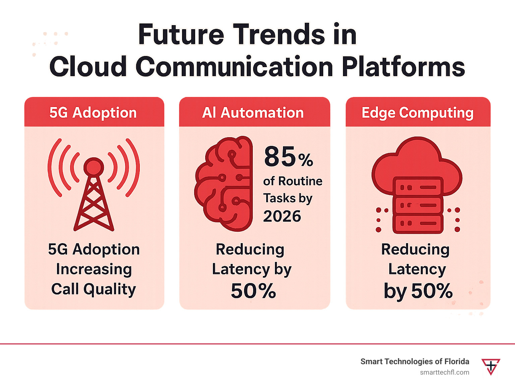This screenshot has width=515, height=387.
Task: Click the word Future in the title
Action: point(181,35)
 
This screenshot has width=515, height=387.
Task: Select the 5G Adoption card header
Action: point(93,113)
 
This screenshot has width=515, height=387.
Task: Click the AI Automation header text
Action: point(253,113)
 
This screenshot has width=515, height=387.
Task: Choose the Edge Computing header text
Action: point(417,113)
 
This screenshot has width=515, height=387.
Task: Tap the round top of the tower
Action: point(94,166)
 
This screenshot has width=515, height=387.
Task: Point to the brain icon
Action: point(224,184)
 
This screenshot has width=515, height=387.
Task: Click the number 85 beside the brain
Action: point(280,157)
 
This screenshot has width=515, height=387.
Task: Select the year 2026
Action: point(282,216)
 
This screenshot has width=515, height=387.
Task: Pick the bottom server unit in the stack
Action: point(418,223)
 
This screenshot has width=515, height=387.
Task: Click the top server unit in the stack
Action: point(418,187)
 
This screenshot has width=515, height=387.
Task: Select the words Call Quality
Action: point(94,289)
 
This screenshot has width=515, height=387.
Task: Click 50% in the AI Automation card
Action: point(253,291)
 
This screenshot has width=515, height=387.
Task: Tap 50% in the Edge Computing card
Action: point(432,291)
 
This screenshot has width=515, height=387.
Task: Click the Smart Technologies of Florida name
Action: point(415,362)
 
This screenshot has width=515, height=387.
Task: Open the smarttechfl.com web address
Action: point(445,372)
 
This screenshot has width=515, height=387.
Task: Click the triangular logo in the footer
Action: point(491,366)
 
